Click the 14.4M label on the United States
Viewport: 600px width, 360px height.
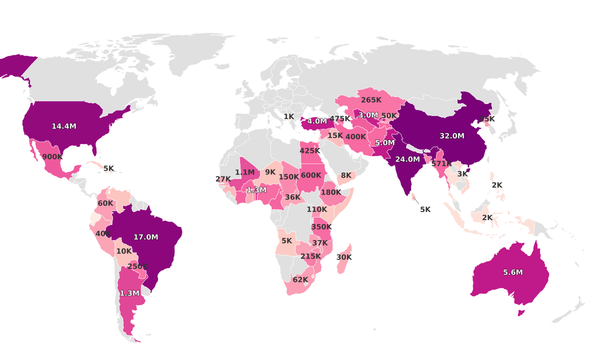pos(64,126)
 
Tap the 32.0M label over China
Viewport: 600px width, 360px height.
pos(451,136)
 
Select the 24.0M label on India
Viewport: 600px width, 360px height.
pos(407,159)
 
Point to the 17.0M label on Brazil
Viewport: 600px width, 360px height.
pos(145,237)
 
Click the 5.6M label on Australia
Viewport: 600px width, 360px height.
pos(512,272)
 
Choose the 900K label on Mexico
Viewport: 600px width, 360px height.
pos(52,156)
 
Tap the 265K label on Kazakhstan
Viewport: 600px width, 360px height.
pos(371,100)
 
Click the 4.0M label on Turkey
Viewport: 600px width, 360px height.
pos(317,121)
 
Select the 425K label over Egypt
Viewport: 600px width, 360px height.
pos(310,151)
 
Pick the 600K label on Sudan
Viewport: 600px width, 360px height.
pos(311,175)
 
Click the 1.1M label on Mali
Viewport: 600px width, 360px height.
pos(244,172)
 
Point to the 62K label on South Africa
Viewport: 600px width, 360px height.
pos(300,279)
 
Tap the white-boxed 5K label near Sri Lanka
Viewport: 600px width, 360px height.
pos(425,209)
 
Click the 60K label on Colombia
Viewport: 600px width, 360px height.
pos(105,203)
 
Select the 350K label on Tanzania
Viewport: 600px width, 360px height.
pos(321,227)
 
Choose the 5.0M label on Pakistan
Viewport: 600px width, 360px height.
pos(384,143)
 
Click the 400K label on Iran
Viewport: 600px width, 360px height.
pos(355,137)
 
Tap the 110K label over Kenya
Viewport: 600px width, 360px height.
pos(316,209)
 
